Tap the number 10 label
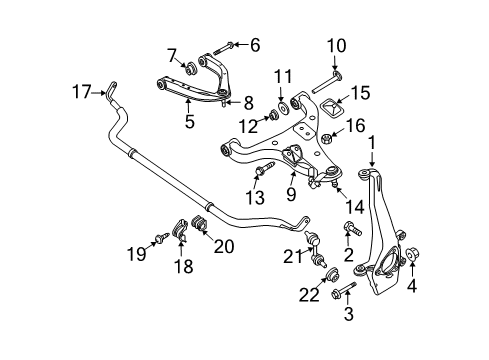pyautogui.click(x=335, y=45)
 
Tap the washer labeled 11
pyautogui.click(x=286, y=106)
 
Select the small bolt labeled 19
pyautogui.click(x=161, y=238)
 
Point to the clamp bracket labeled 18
pyautogui.click(x=180, y=231)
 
